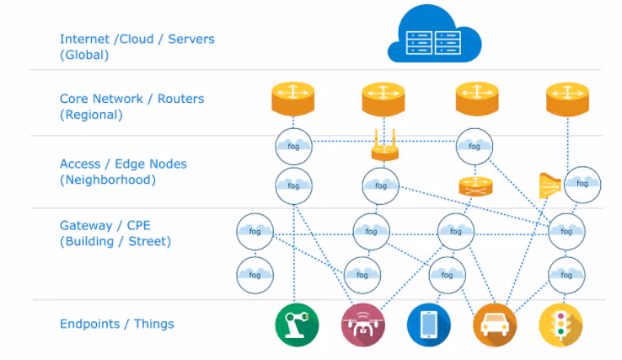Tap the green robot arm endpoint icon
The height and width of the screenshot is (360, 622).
click(x=294, y=325)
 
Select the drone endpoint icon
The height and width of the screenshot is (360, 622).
click(x=362, y=325)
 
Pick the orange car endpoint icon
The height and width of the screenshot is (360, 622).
click(x=495, y=325)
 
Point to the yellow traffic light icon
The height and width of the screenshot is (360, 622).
click(x=560, y=325)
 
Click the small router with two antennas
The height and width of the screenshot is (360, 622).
click(x=384, y=148)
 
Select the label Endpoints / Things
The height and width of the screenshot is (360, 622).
click(x=116, y=324)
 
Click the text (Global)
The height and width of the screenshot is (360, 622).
click(x=85, y=55)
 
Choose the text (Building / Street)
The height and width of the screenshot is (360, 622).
click(x=115, y=242)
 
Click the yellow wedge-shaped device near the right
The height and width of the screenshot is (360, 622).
click(x=550, y=185)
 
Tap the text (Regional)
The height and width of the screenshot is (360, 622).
click(x=90, y=115)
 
